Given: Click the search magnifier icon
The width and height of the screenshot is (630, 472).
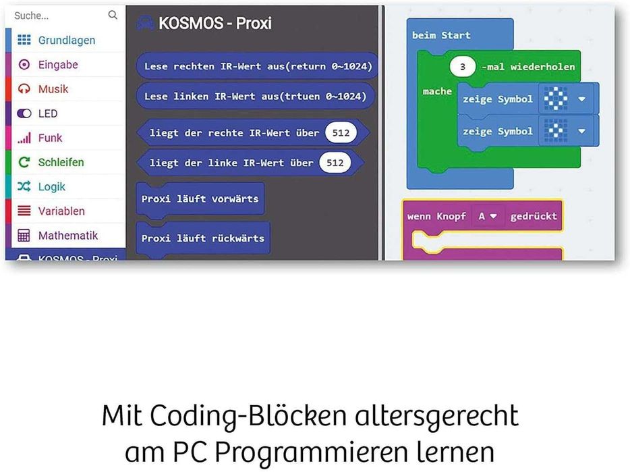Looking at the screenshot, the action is pyautogui.click(x=113, y=15).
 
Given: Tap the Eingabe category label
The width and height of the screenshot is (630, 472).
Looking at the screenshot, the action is pyautogui.click(x=58, y=64).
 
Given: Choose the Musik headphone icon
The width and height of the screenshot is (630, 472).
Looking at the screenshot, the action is pyautogui.click(x=24, y=89).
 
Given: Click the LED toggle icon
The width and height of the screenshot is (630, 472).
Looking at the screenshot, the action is pyautogui.click(x=24, y=113).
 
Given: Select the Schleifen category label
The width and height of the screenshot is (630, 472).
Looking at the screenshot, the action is pyautogui.click(x=61, y=162).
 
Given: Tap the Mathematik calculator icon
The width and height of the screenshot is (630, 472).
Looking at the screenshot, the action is pyautogui.click(x=24, y=236).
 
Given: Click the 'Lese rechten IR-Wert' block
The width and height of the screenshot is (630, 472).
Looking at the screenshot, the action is pyautogui.click(x=257, y=66).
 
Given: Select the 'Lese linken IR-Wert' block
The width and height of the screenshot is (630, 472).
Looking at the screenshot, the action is pyautogui.click(x=255, y=96).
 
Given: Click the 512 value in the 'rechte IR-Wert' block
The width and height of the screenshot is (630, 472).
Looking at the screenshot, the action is pyautogui.click(x=341, y=133).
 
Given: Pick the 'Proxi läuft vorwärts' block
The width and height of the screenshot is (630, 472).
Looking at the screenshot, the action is pyautogui.click(x=200, y=199).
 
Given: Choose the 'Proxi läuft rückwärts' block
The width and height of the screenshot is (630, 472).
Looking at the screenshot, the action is pyautogui.click(x=203, y=238).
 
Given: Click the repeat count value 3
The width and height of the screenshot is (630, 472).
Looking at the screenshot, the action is pyautogui.click(x=463, y=66).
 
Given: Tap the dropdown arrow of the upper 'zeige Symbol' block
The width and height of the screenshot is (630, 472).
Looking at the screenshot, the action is pyautogui.click(x=582, y=99).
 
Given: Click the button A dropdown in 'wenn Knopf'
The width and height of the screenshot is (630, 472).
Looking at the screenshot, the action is pyautogui.click(x=488, y=217).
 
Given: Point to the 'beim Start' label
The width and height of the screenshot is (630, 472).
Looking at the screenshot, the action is pyautogui.click(x=441, y=35).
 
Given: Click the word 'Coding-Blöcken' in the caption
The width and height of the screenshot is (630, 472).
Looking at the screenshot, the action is pyautogui.click(x=248, y=416).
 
